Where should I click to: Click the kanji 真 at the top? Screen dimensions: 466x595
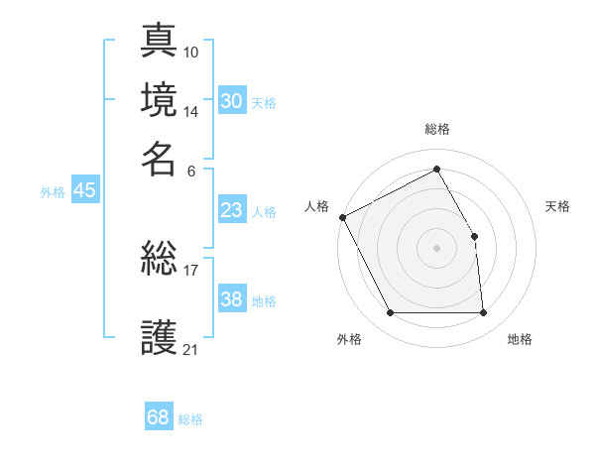point(160,41)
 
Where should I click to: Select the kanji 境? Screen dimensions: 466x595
point(160,99)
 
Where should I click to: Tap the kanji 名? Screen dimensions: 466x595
point(160,158)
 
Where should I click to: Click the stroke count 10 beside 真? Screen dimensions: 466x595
point(191,52)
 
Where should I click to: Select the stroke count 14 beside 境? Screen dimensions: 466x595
point(191,111)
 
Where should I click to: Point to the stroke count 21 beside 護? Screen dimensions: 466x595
point(191,349)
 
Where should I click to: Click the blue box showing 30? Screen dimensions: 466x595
point(231,101)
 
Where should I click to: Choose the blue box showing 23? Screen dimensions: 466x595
point(231,210)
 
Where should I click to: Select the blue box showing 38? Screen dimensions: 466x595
point(231,299)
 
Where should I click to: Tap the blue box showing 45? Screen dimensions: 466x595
point(84,191)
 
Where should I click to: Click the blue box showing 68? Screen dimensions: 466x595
point(158,417)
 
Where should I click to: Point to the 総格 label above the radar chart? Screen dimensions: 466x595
point(437,130)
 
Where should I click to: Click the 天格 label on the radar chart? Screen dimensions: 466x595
point(557,206)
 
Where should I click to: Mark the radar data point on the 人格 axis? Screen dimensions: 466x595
point(342,217)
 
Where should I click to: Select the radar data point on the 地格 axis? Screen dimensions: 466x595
point(483,313)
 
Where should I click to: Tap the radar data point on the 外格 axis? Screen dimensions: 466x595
point(391,313)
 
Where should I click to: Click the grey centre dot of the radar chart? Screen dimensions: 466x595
point(437,248)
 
